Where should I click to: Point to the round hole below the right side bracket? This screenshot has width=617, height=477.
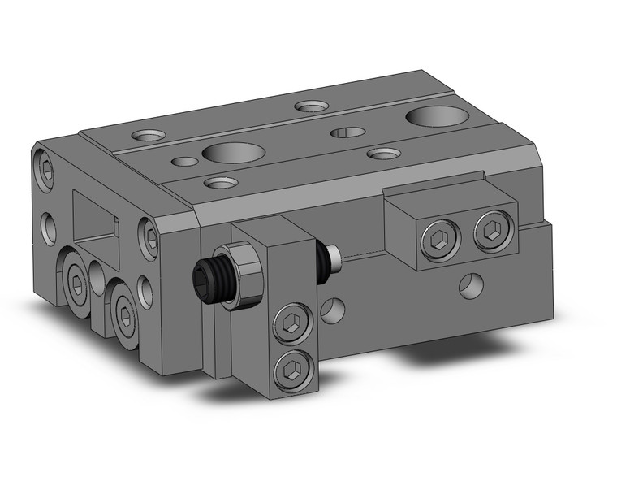click(469, 284)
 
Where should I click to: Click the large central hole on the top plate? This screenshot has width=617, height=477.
click(233, 152)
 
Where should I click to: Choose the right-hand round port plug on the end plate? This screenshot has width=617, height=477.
click(123, 311)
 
